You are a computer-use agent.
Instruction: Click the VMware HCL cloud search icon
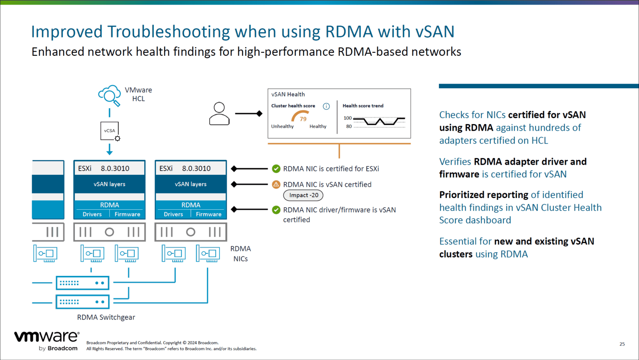(109, 95)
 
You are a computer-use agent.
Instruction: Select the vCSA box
(110, 131)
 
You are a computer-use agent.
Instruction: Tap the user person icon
(219, 114)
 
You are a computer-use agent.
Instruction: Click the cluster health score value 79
(303, 119)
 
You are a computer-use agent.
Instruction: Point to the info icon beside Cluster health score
(327, 106)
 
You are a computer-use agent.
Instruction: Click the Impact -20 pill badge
(304, 195)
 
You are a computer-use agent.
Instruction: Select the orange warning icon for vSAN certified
(276, 184)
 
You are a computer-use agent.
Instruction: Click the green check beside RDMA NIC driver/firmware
(276, 210)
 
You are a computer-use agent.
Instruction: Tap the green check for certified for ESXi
(276, 169)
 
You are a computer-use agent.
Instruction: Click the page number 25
(622, 344)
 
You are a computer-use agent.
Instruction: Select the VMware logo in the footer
(47, 341)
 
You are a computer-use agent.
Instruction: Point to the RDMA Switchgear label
(106, 317)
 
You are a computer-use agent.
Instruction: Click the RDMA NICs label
(240, 253)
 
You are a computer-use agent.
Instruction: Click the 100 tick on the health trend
(347, 118)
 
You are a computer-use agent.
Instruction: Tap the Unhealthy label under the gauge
(282, 127)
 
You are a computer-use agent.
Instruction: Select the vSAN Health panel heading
(288, 94)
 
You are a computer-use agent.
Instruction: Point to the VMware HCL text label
(139, 94)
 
